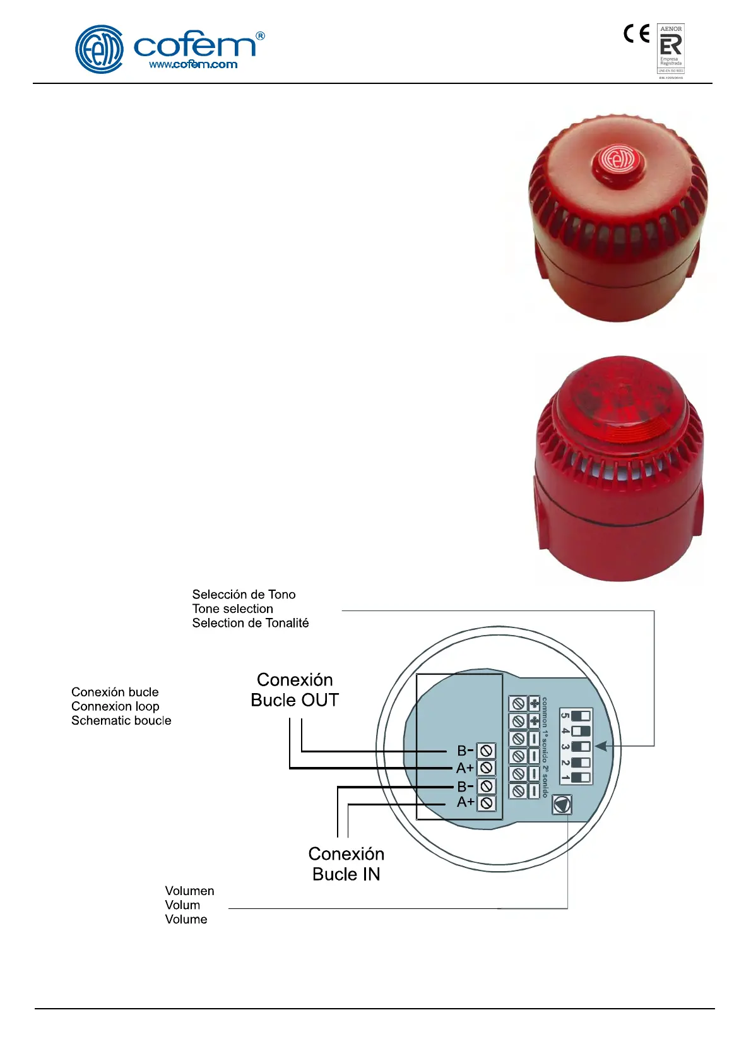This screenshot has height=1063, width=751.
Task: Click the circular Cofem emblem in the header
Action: (x=99, y=49)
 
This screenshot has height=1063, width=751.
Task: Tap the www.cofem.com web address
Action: (x=193, y=64)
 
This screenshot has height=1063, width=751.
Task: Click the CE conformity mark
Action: (x=636, y=33)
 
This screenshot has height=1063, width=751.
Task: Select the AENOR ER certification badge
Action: (x=671, y=49)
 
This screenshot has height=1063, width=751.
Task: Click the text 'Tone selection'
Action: (x=233, y=609)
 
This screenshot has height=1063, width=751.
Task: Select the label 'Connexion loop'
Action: (x=115, y=706)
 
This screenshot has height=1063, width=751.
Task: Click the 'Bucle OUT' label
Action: (x=295, y=700)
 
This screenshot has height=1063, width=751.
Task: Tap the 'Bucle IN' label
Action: (x=346, y=874)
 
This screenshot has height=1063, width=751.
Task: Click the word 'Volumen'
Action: (x=189, y=891)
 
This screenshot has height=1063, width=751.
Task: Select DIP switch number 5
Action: (x=581, y=716)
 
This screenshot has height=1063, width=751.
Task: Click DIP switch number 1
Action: (x=581, y=777)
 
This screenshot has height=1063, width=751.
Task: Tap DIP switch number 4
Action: (x=581, y=731)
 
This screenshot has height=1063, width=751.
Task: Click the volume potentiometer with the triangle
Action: (x=562, y=804)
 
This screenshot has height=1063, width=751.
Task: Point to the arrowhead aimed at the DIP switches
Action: (x=601, y=746)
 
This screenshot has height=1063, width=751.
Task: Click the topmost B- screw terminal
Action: (x=486, y=751)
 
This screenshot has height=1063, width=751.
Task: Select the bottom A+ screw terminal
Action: (x=486, y=803)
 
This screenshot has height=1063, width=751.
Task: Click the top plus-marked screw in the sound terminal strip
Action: (x=518, y=703)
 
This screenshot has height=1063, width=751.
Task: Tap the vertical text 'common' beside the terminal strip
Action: (x=545, y=712)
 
